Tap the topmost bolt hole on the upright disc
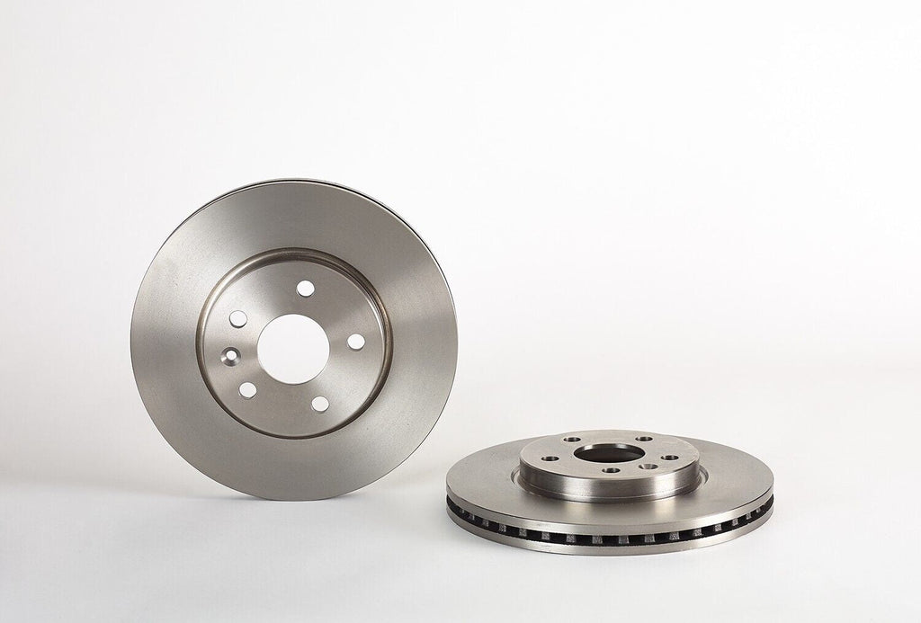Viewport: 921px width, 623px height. (x=306, y=289)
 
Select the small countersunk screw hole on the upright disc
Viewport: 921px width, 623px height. (x=232, y=355)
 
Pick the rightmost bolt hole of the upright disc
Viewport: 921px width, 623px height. (x=356, y=343)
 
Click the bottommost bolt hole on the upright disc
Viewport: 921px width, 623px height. (x=319, y=404)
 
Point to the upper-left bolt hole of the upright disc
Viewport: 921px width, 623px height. (x=238, y=318)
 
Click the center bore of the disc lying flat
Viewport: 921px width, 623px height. (x=609, y=454)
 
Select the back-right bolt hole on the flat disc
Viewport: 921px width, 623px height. (x=644, y=439)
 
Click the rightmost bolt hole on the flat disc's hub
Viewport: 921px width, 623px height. (x=670, y=458)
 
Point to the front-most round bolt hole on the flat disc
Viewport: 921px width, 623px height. (x=612, y=470)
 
